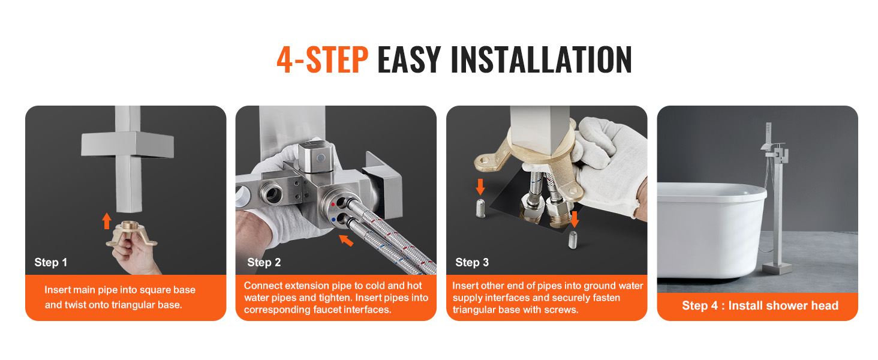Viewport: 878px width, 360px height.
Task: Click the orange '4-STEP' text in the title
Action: pyautogui.click(x=322, y=59)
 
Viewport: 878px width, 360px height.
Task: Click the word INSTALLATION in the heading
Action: pyautogui.click(x=542, y=59)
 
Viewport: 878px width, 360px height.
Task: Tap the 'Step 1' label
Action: pyautogui.click(x=50, y=262)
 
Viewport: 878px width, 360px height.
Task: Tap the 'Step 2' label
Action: pyautogui.click(x=264, y=262)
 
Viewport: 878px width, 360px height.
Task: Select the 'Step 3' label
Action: pyautogui.click(x=472, y=262)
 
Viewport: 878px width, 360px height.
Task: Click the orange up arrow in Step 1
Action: pyautogui.click(x=107, y=221)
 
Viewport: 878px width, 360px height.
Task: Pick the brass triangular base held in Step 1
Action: pyautogui.click(x=131, y=234)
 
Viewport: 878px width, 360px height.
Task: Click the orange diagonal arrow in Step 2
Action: pyautogui.click(x=346, y=240)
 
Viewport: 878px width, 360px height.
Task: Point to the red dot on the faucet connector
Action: pyautogui.click(x=333, y=205)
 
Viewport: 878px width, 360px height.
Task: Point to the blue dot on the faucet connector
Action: pyautogui.click(x=333, y=220)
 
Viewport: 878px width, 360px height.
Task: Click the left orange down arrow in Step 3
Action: pyautogui.click(x=480, y=187)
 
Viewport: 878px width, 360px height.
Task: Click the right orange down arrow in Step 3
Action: pyautogui.click(x=574, y=219)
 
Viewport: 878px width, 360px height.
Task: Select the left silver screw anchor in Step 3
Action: pyautogui.click(x=480, y=208)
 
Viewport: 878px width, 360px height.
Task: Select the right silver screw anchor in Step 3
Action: pyautogui.click(x=573, y=239)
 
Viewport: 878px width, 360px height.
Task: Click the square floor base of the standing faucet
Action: pyautogui.click(x=777, y=268)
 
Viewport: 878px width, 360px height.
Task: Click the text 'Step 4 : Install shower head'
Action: pyautogui.click(x=760, y=305)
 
